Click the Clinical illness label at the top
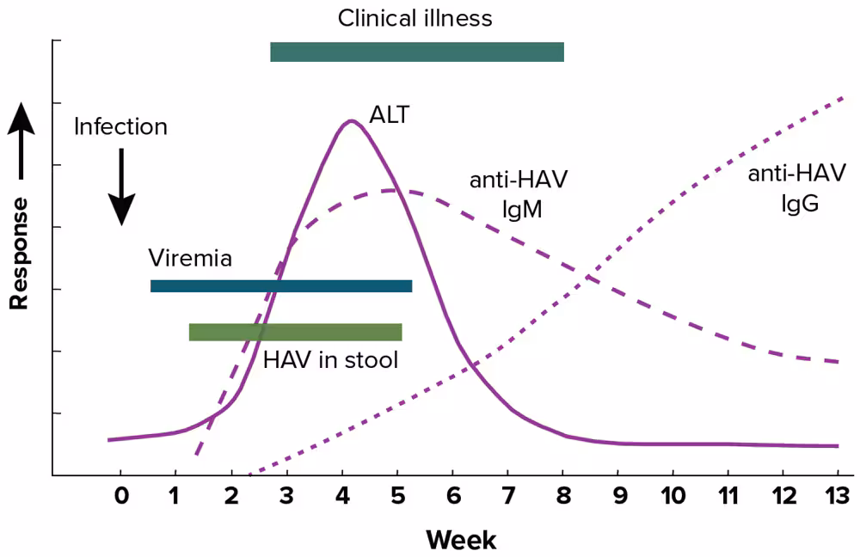pyautogui.click(x=415, y=18)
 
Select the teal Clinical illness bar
pyautogui.click(x=417, y=52)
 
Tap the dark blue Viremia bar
pyautogui.click(x=281, y=286)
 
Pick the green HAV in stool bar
pyautogui.click(x=295, y=332)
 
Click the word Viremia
pyautogui.click(x=189, y=259)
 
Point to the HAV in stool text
pyautogui.click(x=331, y=359)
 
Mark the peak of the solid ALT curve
pyautogui.click(x=350, y=120)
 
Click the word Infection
pyautogui.click(x=120, y=127)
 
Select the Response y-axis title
pyautogui.click(x=19, y=253)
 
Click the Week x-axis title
pyautogui.click(x=461, y=540)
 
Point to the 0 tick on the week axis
pyautogui.click(x=120, y=497)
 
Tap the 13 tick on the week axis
pyautogui.click(x=837, y=497)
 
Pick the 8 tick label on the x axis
pyautogui.click(x=562, y=497)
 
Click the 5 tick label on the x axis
pyautogui.click(x=397, y=497)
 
